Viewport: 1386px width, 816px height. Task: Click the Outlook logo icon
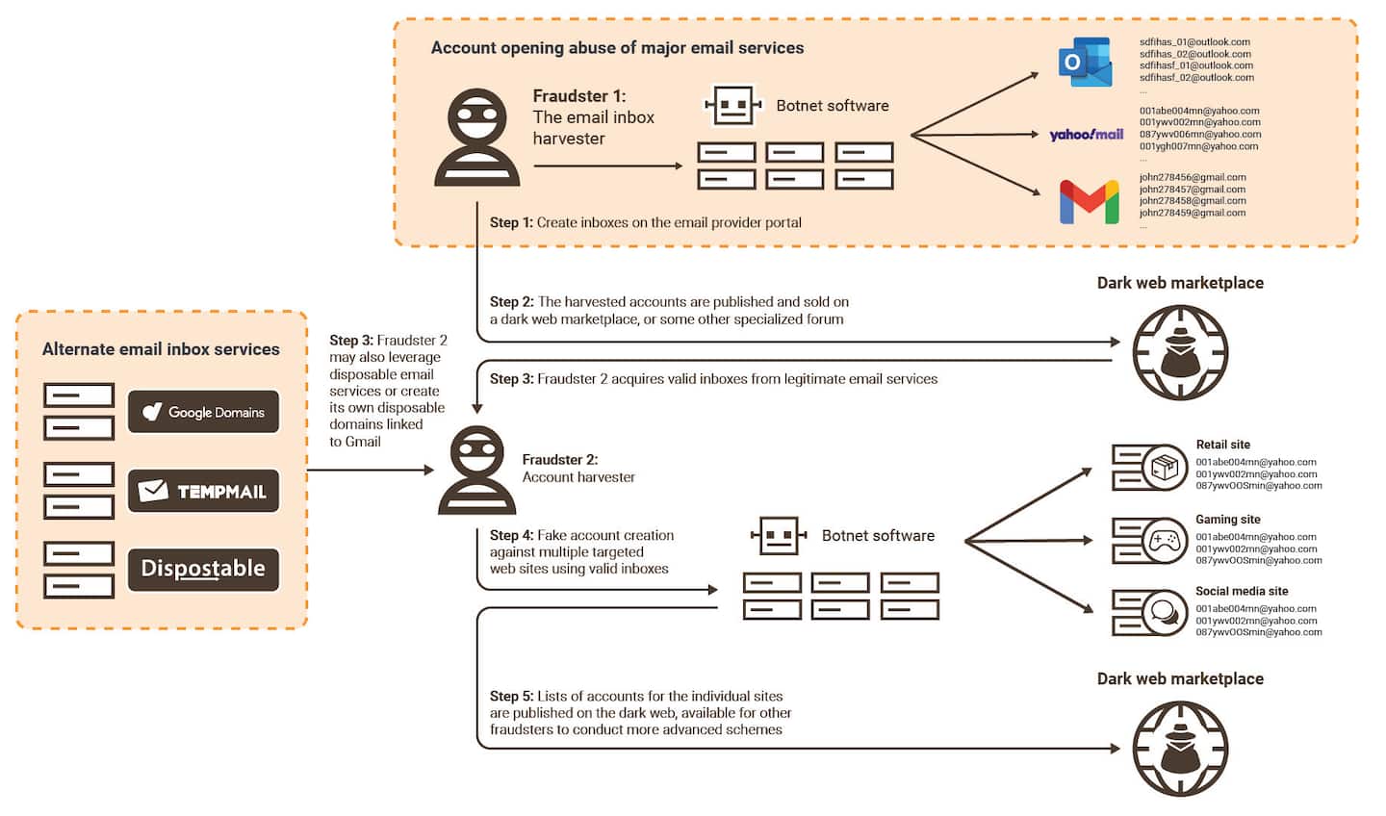[x=1085, y=64]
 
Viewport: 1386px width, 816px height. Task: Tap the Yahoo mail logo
[x=1087, y=135]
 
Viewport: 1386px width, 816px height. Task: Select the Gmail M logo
[x=1089, y=202]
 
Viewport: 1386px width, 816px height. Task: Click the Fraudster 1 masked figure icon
[x=477, y=137]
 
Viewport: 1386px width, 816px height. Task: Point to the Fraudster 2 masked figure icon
[x=477, y=471]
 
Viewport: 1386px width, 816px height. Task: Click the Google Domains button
[x=204, y=412]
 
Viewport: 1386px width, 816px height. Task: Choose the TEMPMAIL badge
[x=204, y=491]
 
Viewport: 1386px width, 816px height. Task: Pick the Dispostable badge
[x=204, y=569]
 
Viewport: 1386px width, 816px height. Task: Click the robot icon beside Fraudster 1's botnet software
[x=733, y=105]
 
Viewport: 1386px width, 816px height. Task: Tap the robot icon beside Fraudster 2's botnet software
[x=779, y=536]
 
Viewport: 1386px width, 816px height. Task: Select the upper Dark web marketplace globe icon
[x=1180, y=352]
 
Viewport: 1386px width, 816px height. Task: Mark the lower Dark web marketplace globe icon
[x=1180, y=749]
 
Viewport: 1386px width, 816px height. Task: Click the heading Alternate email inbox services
[x=161, y=349]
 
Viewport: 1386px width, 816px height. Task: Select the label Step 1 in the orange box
[x=510, y=222]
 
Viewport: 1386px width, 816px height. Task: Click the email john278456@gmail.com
[x=1193, y=178]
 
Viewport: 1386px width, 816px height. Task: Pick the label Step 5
[x=510, y=696]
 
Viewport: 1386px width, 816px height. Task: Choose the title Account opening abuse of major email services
[x=617, y=48]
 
